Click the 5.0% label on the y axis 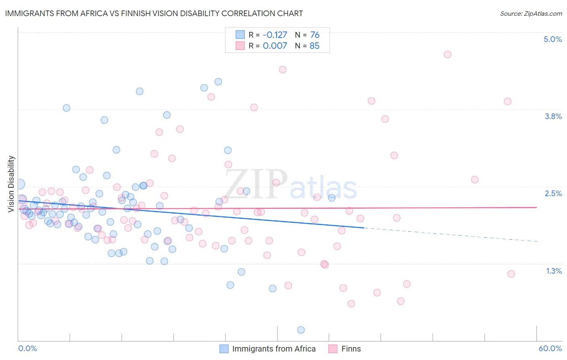[x=552, y=39]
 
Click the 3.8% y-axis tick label [x=553, y=116]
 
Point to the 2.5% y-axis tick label [x=553, y=193]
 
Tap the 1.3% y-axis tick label [x=554, y=271]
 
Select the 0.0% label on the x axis [x=27, y=348]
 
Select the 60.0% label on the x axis [x=550, y=348]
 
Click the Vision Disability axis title [x=11, y=184]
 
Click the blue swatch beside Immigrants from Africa [x=224, y=349]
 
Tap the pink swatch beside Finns [x=333, y=349]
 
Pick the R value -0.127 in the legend [x=275, y=35]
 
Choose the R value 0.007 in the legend [x=275, y=46]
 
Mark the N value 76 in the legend [x=315, y=35]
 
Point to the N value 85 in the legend [x=315, y=46]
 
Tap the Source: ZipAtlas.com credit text [x=531, y=13]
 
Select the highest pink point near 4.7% [x=447, y=54]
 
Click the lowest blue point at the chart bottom [x=300, y=330]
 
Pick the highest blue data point [x=218, y=82]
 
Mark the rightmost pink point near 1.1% [x=511, y=274]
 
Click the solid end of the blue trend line [x=364, y=228]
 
